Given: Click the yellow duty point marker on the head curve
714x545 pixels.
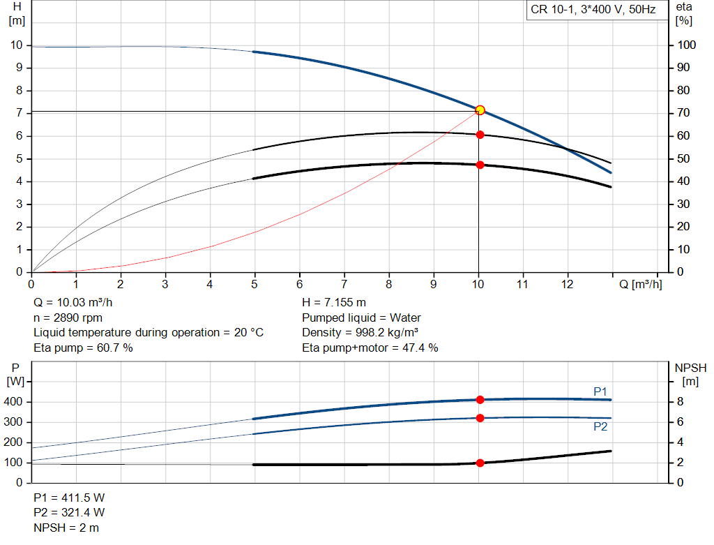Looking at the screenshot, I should pyautogui.click(x=480, y=110).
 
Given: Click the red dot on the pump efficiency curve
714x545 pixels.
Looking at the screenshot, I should pyautogui.click(x=480, y=134).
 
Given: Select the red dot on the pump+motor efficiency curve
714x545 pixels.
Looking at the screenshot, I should pyautogui.click(x=480, y=165).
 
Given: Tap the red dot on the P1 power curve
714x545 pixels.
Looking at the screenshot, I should pyautogui.click(x=480, y=400).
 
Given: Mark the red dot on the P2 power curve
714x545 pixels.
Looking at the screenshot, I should pyautogui.click(x=480, y=418).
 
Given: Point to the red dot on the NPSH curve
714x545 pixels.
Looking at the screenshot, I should pyautogui.click(x=480, y=463).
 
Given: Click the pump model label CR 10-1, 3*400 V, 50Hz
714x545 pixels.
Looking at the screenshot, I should pyautogui.click(x=593, y=10).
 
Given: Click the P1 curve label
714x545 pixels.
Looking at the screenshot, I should pyautogui.click(x=600, y=391).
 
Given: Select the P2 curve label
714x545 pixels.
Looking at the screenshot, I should pyautogui.click(x=600, y=426).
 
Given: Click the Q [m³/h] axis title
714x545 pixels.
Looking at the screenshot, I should pyautogui.click(x=640, y=285).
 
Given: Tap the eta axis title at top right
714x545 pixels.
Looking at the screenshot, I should pyautogui.click(x=683, y=7).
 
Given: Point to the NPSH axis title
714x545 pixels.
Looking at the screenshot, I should pyautogui.click(x=690, y=367).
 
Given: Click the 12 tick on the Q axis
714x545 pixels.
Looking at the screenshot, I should pyautogui.click(x=568, y=285).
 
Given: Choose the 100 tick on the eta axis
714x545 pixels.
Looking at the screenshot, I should pyautogui.click(x=687, y=45).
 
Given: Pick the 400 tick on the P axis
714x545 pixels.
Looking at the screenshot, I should pyautogui.click(x=15, y=402).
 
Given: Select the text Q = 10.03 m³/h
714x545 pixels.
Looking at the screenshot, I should pyautogui.click(x=72, y=303).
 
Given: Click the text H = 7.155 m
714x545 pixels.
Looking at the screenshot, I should pyautogui.click(x=334, y=303).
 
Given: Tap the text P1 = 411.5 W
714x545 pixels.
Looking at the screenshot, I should pyautogui.click(x=69, y=498).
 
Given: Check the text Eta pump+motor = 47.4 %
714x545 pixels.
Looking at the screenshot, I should pyautogui.click(x=370, y=348).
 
